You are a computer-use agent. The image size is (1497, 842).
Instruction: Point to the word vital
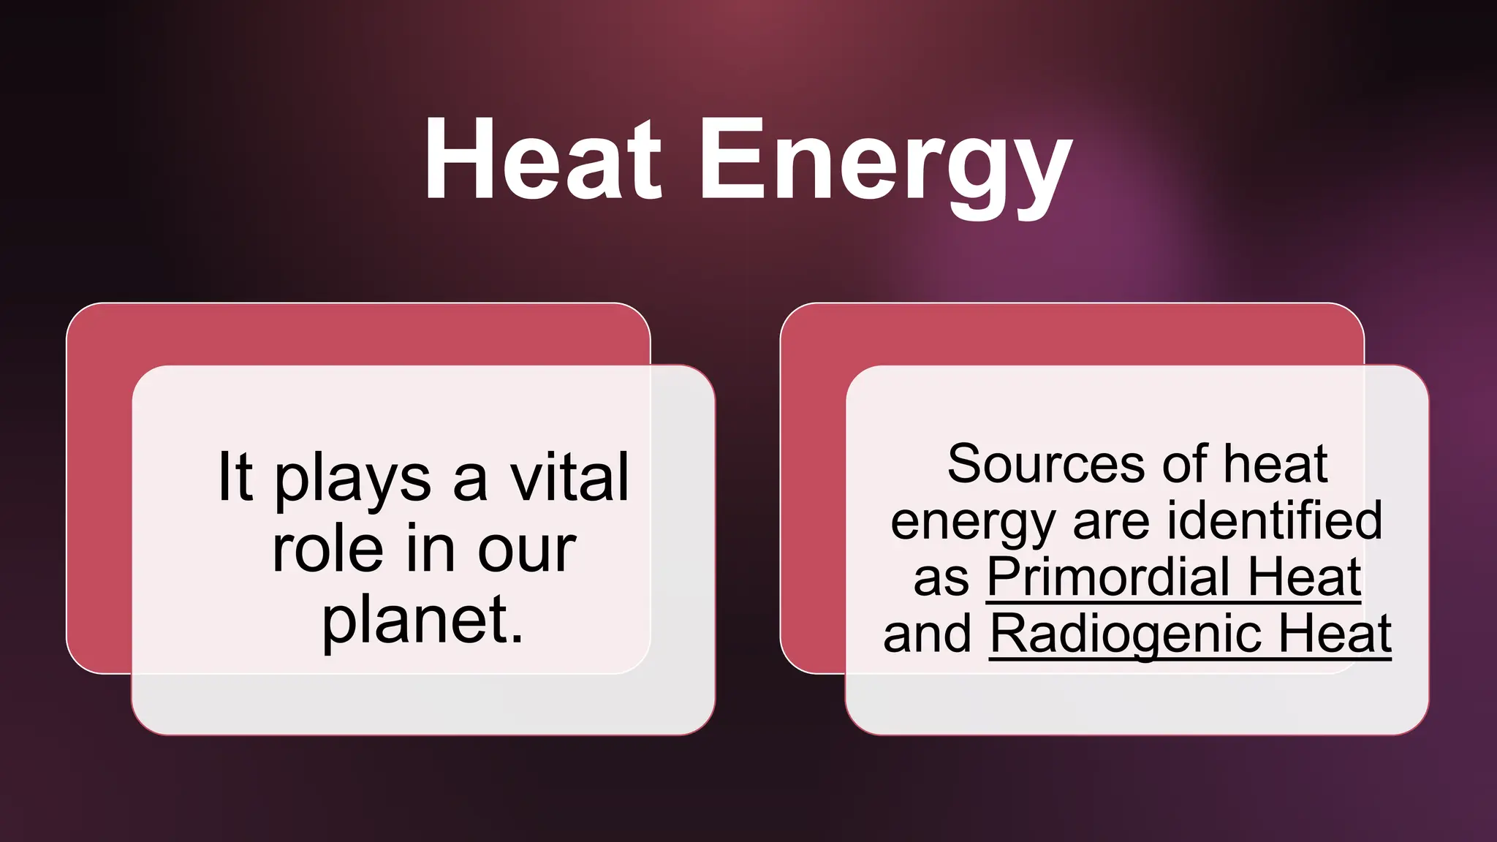569,477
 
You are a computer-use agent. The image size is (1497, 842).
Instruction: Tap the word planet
422,621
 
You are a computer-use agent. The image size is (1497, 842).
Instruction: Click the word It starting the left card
235,477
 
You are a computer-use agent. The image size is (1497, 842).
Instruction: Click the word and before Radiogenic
927,634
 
